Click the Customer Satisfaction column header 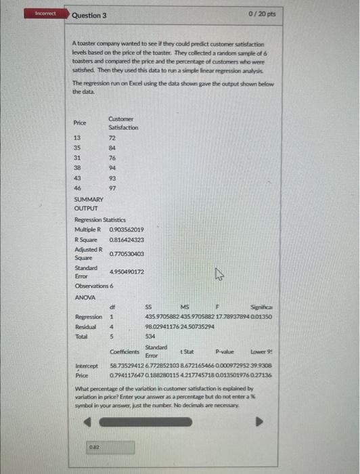tap(122, 123)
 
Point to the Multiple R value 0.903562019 tap(126, 230)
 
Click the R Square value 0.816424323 tap(126, 240)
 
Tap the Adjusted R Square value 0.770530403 tap(127, 253)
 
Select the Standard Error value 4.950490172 tap(127, 272)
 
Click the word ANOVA tap(85, 297)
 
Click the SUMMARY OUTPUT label tap(89, 204)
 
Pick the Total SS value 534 tap(151, 336)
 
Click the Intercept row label tap(85, 365)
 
